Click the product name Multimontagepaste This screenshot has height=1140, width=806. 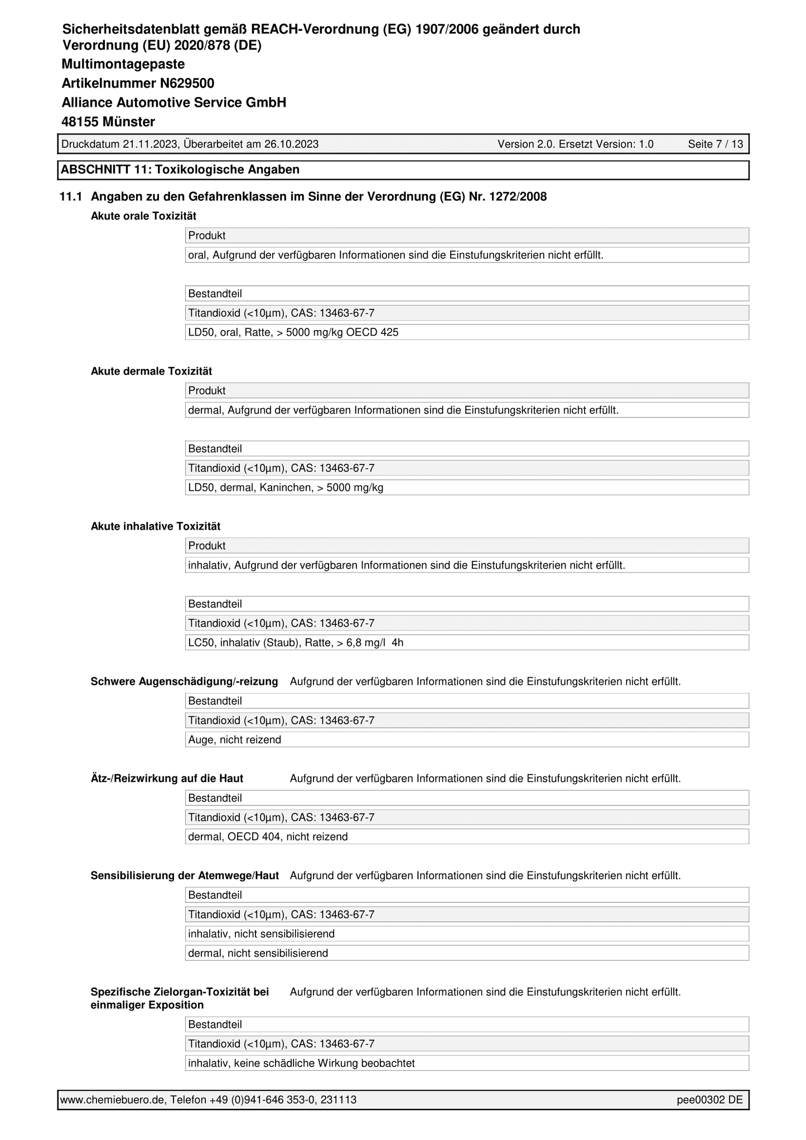(x=123, y=64)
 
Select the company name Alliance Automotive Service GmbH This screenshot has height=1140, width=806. (x=173, y=103)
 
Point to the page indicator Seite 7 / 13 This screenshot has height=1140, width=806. (x=715, y=144)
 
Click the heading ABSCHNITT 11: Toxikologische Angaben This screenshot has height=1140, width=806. (x=180, y=169)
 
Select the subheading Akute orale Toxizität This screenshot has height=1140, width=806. (x=143, y=216)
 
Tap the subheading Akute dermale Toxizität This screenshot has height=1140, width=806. (x=151, y=371)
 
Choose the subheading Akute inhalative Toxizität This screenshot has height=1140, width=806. (x=156, y=526)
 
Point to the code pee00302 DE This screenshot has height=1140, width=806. (x=710, y=1100)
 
